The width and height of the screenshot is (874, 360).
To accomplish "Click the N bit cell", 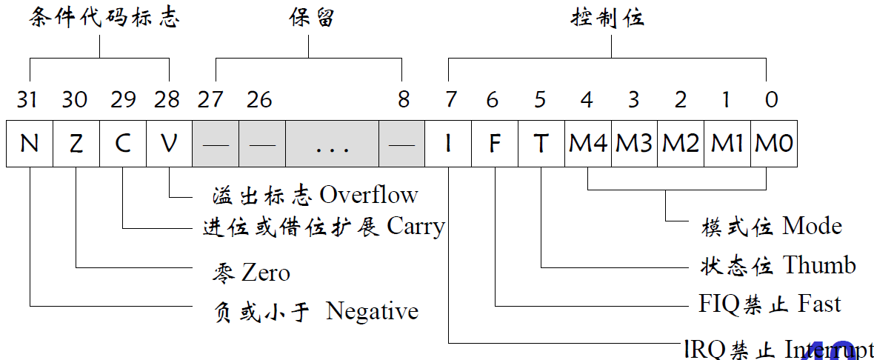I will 30,144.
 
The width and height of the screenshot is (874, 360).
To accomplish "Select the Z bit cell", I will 76,144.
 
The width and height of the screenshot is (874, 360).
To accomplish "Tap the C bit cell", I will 123,144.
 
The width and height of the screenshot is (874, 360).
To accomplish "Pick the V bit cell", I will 169,144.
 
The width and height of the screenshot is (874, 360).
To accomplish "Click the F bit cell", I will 494,144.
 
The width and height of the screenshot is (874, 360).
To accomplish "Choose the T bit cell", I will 541,144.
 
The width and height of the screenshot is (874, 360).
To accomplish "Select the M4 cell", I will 588,144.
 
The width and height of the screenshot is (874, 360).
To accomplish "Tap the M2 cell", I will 681,144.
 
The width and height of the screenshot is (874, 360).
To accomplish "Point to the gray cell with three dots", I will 332,144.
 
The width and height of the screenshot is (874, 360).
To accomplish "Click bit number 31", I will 27,99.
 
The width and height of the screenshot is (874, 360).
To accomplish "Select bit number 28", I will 169,99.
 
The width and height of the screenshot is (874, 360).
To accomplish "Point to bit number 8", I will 403,99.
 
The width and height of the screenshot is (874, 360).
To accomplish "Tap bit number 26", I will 259,99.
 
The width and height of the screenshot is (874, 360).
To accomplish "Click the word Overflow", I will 369,195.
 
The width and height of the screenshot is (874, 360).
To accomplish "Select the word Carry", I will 416,227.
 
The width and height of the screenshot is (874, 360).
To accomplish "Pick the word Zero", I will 265,273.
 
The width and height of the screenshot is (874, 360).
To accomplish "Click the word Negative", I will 372,311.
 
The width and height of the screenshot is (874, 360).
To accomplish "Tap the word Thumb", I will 819,265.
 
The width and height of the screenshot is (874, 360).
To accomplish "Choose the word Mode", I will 812,225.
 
